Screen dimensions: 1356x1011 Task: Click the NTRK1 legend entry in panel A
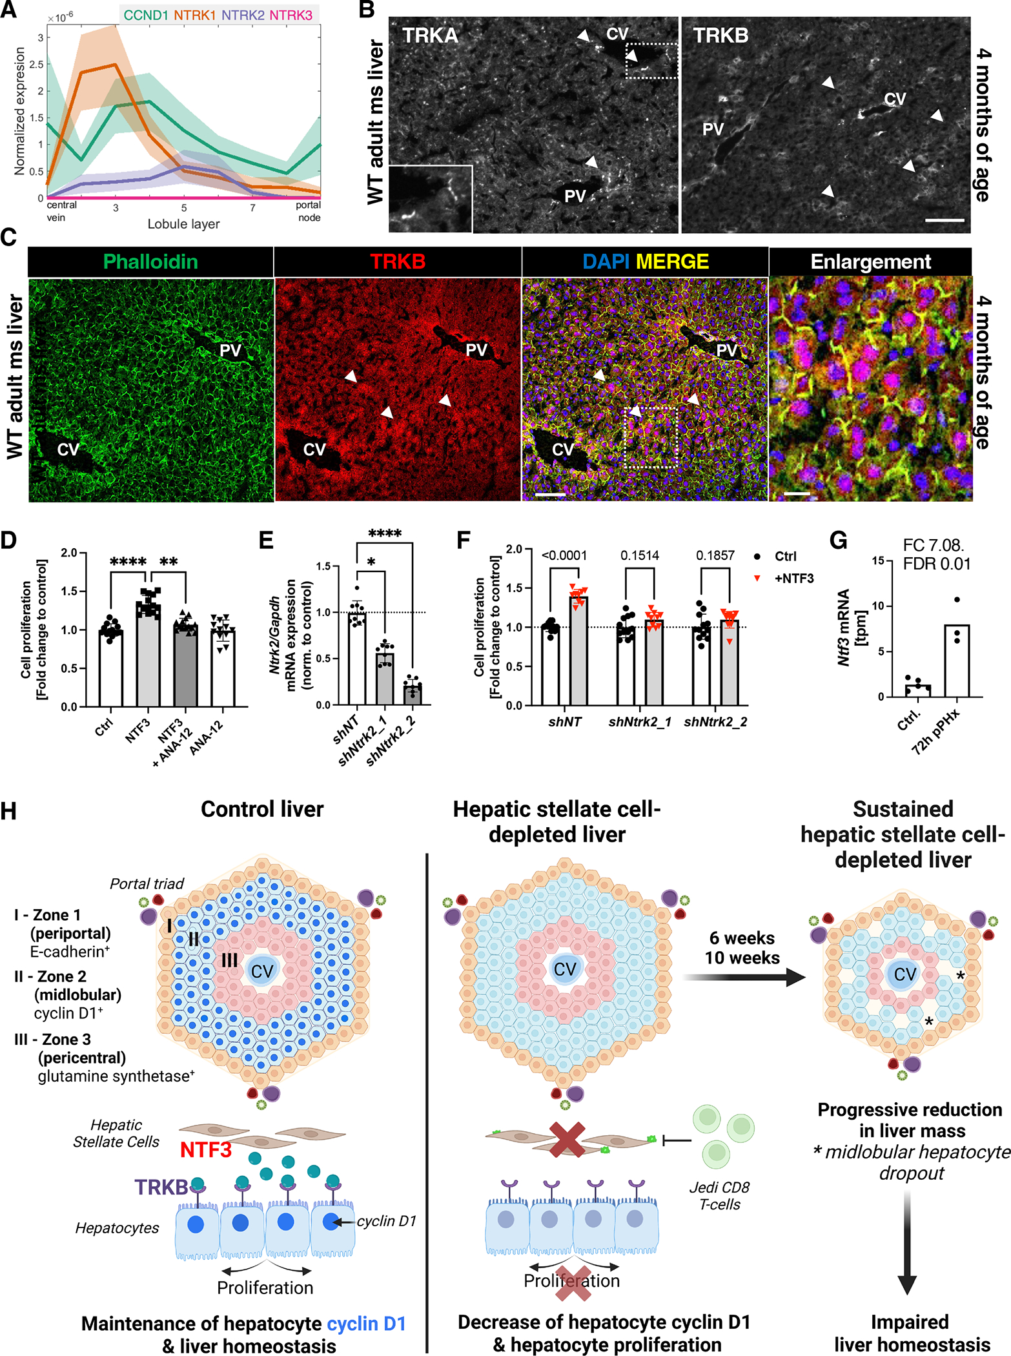pyautogui.click(x=194, y=15)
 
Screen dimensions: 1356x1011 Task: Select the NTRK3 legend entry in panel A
pyautogui.click(x=291, y=15)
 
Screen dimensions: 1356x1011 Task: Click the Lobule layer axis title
pyautogui.click(x=183, y=224)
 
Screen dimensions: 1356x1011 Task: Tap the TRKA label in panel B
pyautogui.click(x=430, y=36)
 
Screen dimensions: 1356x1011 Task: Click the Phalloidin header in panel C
pyautogui.click(x=150, y=262)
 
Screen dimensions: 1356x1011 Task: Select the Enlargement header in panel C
pyautogui.click(x=870, y=262)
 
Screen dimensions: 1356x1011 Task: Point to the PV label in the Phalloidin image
pyautogui.click(x=230, y=351)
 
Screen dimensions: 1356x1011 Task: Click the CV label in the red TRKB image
pyautogui.click(x=314, y=449)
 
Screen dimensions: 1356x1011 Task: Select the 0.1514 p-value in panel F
pyautogui.click(x=639, y=555)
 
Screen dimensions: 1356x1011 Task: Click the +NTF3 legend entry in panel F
pyautogui.click(x=793, y=579)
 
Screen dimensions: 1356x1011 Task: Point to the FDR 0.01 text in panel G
pyautogui.click(x=936, y=564)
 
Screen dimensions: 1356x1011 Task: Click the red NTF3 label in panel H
pyautogui.click(x=205, y=1150)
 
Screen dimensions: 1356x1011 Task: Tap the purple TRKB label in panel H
pyautogui.click(x=161, y=1187)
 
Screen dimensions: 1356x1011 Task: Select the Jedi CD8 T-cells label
pyautogui.click(x=719, y=1195)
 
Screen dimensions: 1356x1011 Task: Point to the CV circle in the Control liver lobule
pyautogui.click(x=261, y=971)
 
